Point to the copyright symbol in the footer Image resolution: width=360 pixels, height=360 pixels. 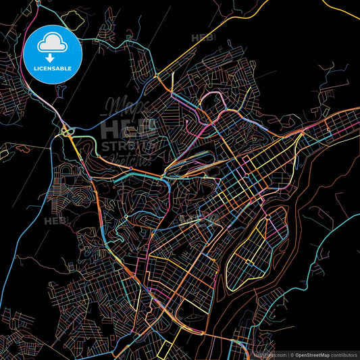(291, 354)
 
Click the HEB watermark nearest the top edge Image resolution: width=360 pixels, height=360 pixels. (203, 38)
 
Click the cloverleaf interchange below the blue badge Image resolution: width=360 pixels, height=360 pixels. (66, 130)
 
